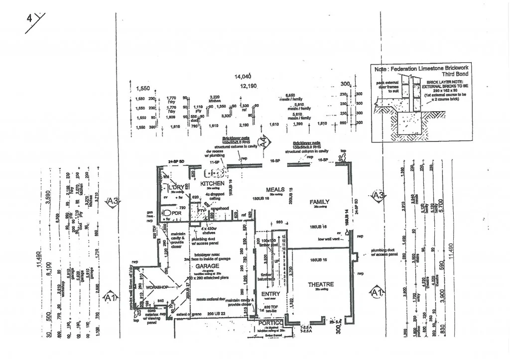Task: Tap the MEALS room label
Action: coord(275,190)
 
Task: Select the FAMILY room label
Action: coord(319,202)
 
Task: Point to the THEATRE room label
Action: coord(321,284)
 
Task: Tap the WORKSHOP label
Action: coord(155,287)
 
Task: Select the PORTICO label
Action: coord(270,324)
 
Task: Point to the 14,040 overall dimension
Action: coord(243,76)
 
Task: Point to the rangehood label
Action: coord(220,208)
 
